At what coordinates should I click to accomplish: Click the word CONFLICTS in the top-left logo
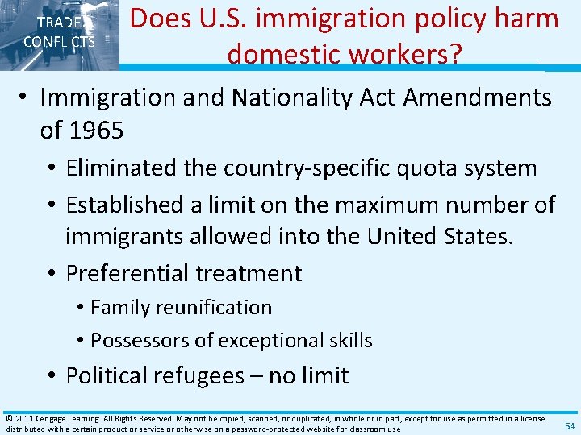(x=59, y=42)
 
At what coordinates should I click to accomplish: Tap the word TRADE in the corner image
(x=58, y=23)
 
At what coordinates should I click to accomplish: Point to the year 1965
(x=97, y=130)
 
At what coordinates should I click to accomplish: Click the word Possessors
(x=137, y=340)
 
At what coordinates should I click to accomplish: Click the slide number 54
(x=569, y=426)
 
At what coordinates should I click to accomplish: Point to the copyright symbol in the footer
(x=9, y=419)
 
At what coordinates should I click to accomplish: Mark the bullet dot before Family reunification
(x=82, y=308)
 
